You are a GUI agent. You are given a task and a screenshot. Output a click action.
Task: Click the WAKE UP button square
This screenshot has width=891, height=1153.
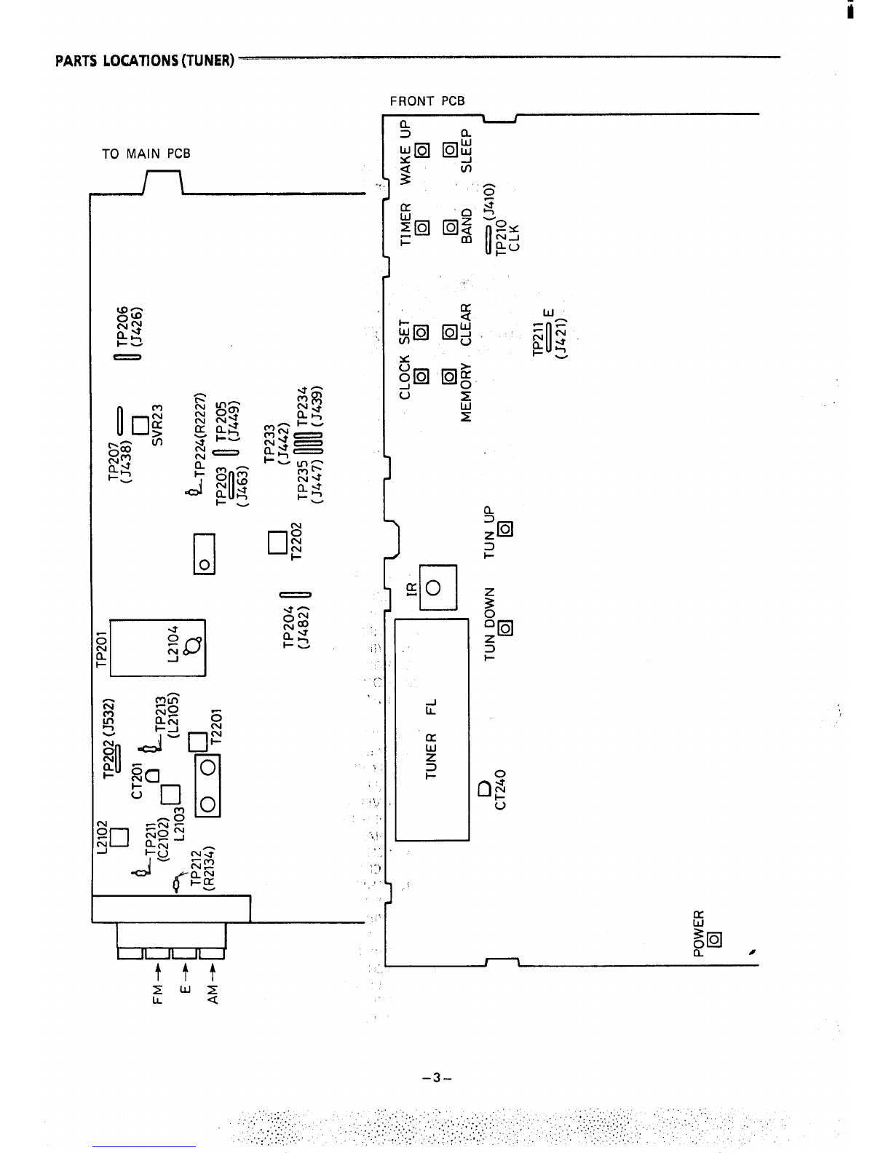coord(421,151)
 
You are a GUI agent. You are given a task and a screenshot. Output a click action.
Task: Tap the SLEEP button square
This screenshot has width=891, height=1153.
coord(450,151)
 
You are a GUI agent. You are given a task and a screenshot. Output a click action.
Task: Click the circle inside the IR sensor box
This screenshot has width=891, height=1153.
coord(434,587)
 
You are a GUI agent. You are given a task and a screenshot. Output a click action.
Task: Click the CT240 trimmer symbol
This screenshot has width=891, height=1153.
coord(485,788)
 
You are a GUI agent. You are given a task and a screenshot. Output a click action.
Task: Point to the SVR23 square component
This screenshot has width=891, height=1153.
coord(140,423)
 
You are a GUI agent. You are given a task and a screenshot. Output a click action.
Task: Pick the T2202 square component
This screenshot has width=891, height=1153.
coord(277,542)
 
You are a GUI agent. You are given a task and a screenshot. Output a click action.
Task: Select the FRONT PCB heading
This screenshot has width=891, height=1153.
coord(427,101)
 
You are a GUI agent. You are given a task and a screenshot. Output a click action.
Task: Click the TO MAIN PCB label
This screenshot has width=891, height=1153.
coord(146,154)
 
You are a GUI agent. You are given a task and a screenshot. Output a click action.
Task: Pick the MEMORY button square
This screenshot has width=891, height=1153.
coord(450,376)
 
